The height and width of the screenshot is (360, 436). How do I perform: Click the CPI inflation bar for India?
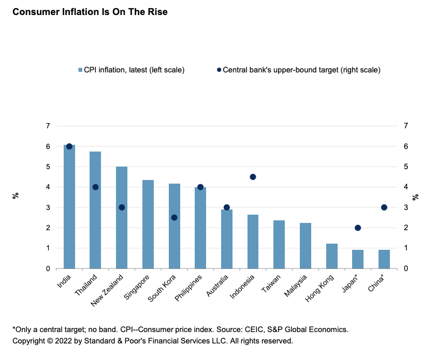click(69, 207)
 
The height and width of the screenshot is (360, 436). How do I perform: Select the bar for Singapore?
click(148, 224)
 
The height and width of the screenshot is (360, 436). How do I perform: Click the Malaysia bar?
click(305, 246)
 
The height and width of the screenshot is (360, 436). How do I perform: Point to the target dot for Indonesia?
click(253, 177)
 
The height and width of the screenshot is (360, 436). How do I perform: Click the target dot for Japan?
click(358, 228)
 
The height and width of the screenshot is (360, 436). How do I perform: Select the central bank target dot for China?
click(384, 207)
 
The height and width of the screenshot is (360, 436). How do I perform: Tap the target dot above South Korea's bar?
click(175, 218)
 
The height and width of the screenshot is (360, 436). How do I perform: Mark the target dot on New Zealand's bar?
click(122, 207)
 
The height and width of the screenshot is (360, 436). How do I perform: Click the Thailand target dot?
click(95, 187)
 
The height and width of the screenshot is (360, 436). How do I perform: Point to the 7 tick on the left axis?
click(48, 126)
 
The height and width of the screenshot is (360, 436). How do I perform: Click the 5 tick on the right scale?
click(406, 167)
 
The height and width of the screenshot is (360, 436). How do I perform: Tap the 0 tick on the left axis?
click(48, 268)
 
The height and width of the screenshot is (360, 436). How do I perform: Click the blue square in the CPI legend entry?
click(80, 70)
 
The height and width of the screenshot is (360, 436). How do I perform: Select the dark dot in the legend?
click(219, 70)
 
